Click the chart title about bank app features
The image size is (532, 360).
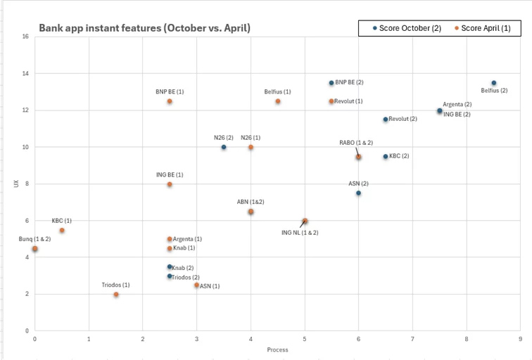tap(144, 28)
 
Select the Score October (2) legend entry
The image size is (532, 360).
tap(405, 28)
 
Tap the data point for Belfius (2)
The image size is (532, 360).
tap(493, 83)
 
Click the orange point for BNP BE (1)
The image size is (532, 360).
tap(170, 101)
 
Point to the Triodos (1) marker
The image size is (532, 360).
tap(116, 295)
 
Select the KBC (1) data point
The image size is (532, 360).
tap(62, 230)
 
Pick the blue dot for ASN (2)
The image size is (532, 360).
tap(358, 193)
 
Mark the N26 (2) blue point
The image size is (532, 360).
tap(224, 147)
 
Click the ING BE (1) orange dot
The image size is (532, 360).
tap(170, 184)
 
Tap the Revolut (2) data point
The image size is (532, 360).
tap(386, 120)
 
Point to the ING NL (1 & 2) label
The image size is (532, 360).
tap(300, 232)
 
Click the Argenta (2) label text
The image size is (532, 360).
tap(457, 105)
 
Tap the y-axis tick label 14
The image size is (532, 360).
tap(25, 74)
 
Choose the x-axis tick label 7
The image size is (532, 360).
tap(412, 339)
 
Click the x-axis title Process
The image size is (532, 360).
tap(277, 349)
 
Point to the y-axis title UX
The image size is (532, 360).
tap(15, 184)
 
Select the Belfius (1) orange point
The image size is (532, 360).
tap(278, 101)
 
